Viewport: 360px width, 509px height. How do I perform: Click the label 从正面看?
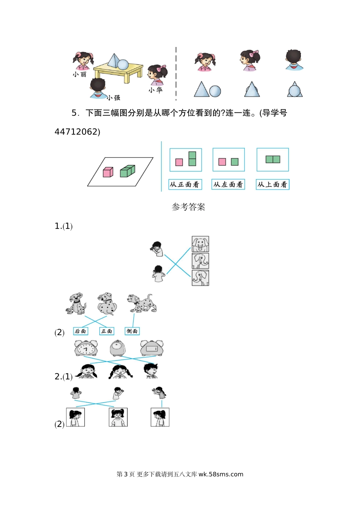pos(185,184)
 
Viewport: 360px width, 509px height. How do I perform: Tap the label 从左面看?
pos(228,184)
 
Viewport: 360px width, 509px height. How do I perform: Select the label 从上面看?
pos(272,184)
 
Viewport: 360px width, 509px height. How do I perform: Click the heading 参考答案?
pos(188,207)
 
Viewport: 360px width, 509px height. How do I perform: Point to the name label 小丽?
pos(80,75)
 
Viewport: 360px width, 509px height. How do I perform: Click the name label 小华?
pos(155,90)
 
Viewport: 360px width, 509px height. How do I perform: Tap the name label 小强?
pos(113,98)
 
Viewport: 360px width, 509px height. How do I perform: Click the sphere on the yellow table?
pos(123,64)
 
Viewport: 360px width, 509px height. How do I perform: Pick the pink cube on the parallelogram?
pos(108,172)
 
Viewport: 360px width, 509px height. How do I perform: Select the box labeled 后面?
pos(80,331)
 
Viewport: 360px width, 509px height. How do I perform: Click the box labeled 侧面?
pos(132,331)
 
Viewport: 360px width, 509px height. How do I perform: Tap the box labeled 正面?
pos(106,331)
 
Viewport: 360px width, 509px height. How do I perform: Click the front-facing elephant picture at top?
pos(200,244)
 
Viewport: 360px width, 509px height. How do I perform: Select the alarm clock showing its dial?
pos(86,348)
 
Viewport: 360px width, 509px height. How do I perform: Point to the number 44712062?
pos(76,132)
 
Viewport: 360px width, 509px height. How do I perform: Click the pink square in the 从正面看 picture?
pos(179,162)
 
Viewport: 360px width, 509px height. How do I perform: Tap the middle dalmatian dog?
pos(107,303)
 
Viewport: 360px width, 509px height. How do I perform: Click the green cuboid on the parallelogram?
pos(128,171)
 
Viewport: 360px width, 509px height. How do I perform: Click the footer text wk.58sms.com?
pos(221,474)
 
